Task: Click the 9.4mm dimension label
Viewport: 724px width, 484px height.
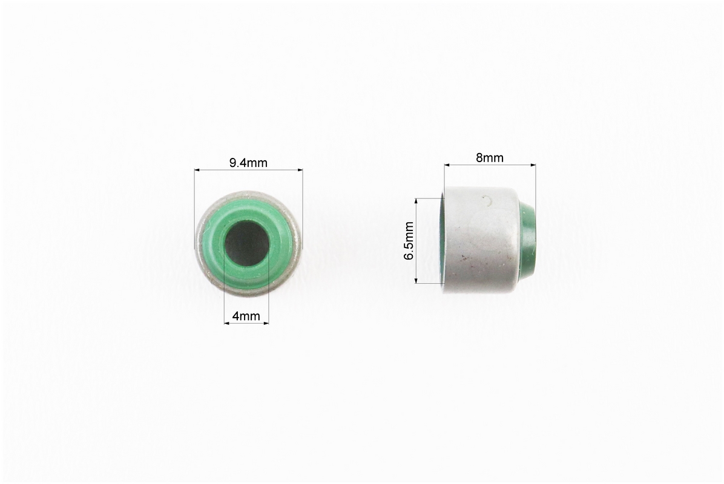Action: point(248,162)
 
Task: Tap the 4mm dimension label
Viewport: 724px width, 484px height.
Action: point(246,316)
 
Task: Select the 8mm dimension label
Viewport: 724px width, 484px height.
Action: point(490,158)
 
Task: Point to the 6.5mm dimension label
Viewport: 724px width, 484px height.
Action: point(409,240)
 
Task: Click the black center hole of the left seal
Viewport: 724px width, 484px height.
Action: point(246,242)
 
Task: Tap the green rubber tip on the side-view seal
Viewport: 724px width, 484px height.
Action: point(529,243)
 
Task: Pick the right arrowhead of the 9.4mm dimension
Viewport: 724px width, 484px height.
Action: point(300,170)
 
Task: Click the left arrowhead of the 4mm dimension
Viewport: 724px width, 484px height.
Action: point(227,323)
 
